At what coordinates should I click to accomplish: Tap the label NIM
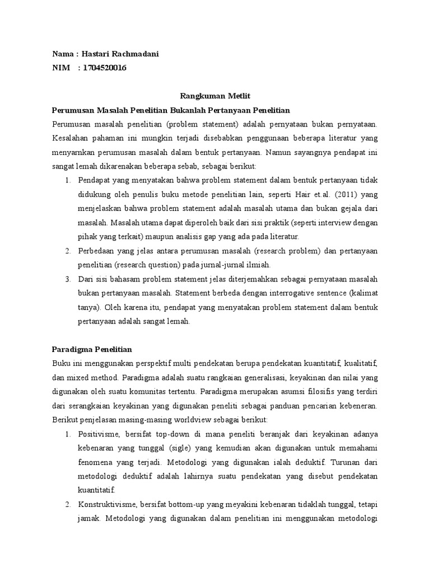point(60,68)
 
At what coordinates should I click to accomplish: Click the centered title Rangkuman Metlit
point(214,97)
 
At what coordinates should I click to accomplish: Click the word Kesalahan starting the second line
point(71,137)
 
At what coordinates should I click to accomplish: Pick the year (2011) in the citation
point(355,194)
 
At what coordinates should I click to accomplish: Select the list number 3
point(67,279)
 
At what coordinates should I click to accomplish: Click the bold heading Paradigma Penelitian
point(92,349)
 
